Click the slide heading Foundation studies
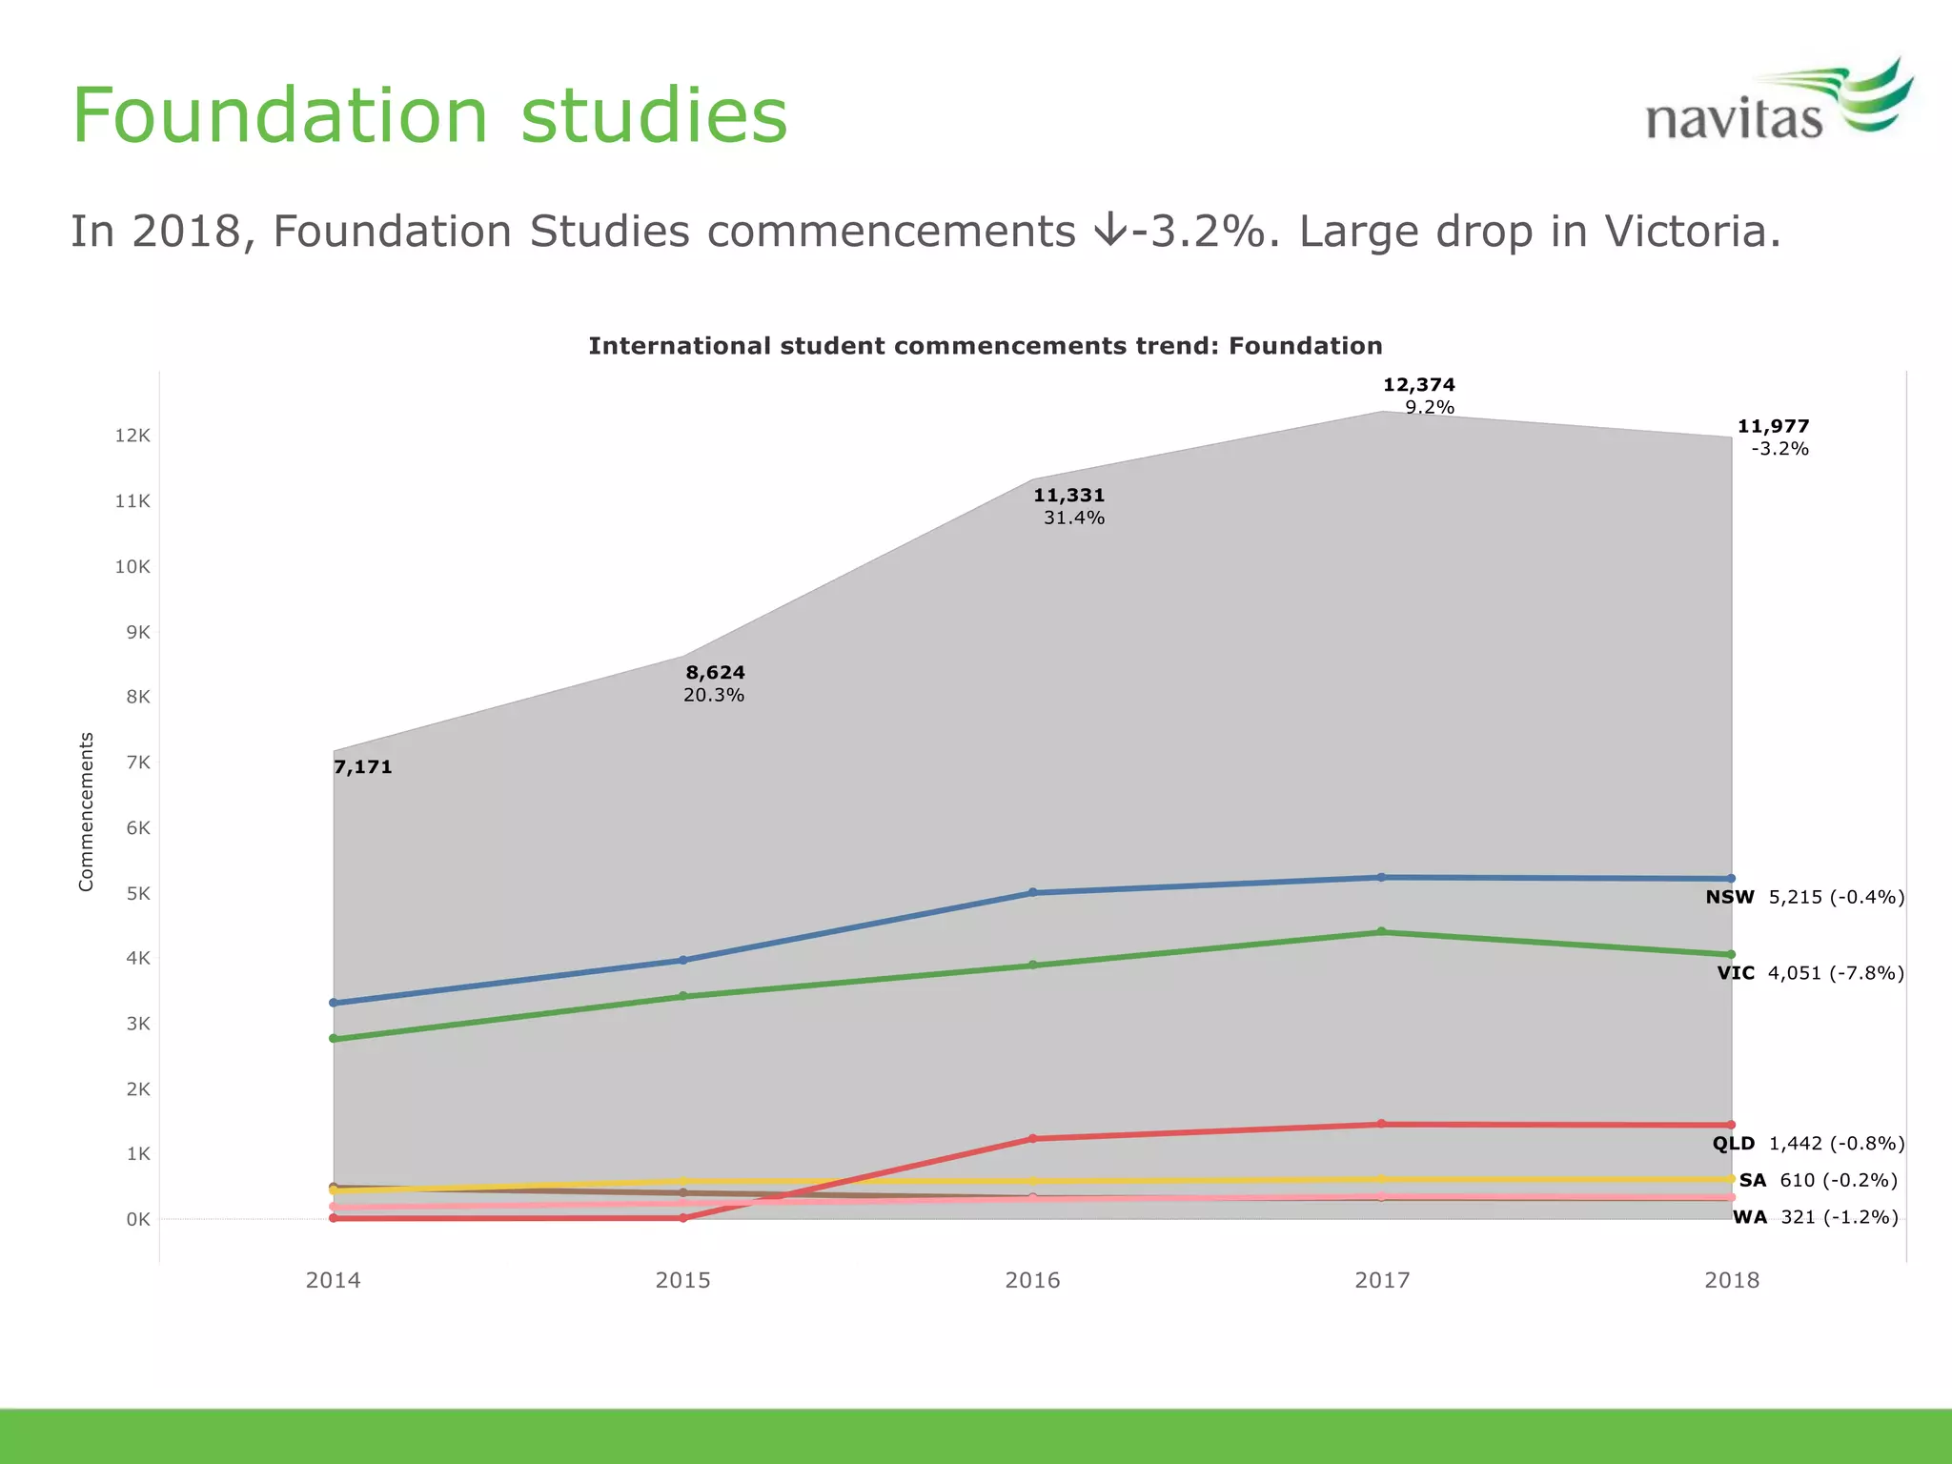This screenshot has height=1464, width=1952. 430,115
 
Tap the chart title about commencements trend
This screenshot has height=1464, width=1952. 985,346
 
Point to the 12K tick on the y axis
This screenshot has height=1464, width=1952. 132,436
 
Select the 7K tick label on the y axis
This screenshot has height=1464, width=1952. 137,762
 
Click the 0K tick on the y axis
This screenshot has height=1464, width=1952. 137,1219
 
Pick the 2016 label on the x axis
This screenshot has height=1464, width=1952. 1032,1280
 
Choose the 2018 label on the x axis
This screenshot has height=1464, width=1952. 1732,1280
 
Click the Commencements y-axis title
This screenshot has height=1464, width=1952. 87,811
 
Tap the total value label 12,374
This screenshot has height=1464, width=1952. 1418,385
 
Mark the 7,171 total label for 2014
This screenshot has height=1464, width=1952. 363,767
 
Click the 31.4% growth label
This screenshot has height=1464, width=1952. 1073,518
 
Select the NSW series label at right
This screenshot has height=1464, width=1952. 1729,897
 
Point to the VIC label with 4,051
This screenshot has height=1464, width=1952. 1810,973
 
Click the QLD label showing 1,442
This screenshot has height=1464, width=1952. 1808,1144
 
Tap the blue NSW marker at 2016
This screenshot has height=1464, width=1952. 1032,893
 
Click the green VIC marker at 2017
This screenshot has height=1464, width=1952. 1382,932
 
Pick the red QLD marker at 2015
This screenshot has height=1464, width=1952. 682,1218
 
